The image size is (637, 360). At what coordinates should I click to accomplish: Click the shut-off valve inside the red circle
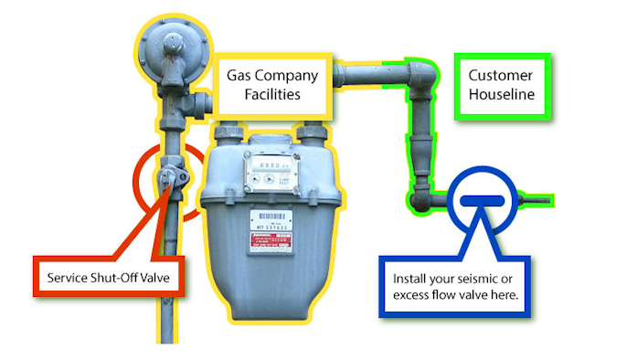point(168,175)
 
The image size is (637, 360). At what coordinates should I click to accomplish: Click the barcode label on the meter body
point(271,220)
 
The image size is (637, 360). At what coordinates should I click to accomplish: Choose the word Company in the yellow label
point(291,75)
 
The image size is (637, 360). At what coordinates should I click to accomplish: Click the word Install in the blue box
point(410,278)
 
